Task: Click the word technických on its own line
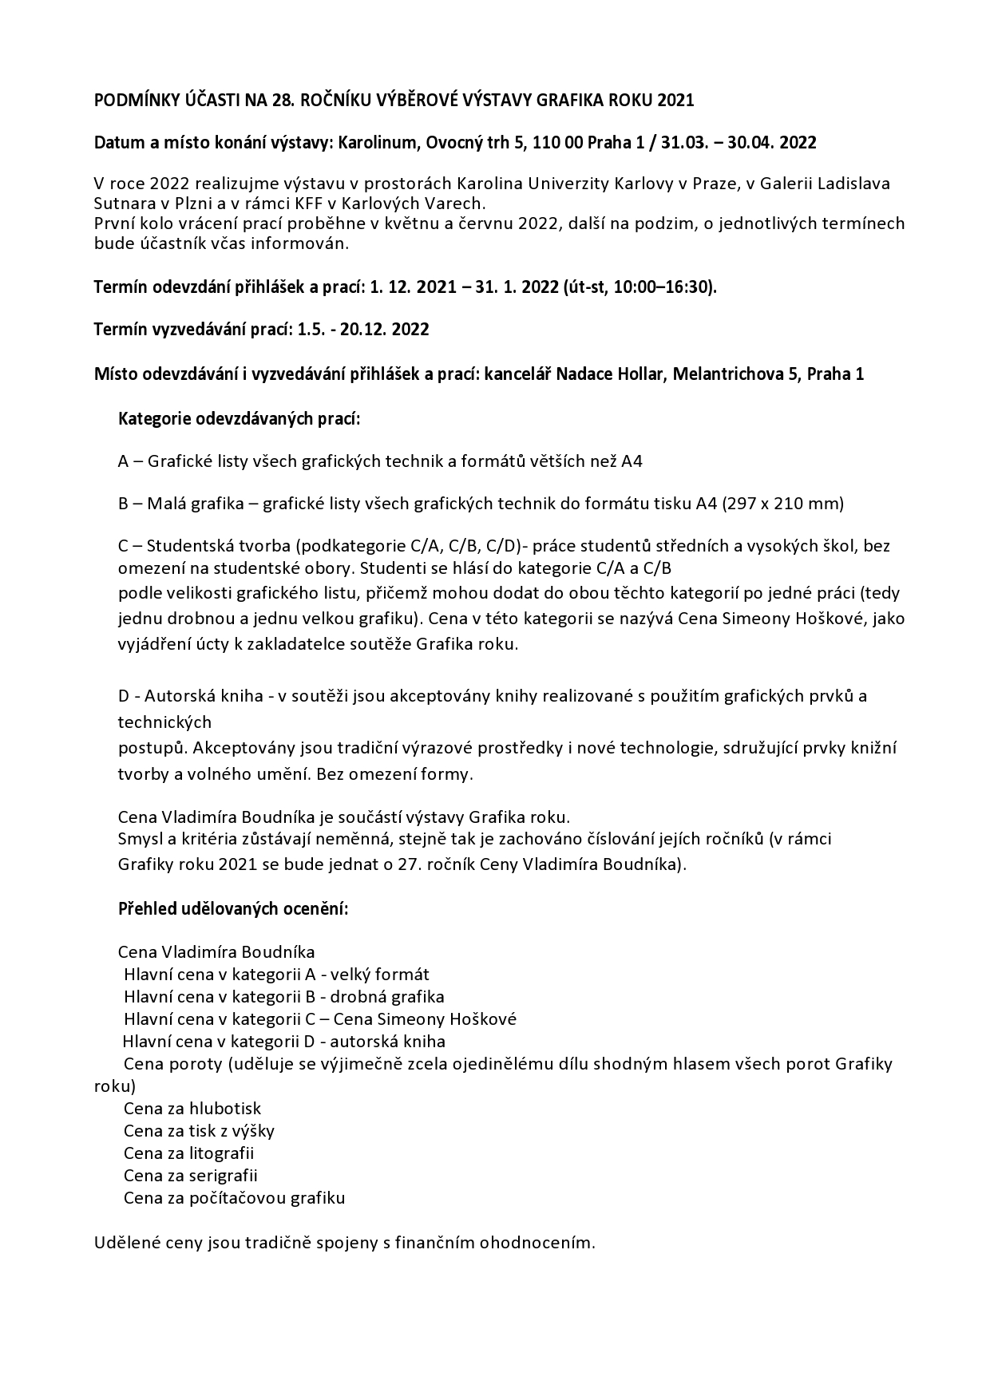[x=164, y=722]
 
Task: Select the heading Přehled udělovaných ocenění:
[x=233, y=909]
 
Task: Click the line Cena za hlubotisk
[x=192, y=1109]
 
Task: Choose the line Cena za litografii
[x=189, y=1153]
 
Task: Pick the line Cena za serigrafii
[x=191, y=1176]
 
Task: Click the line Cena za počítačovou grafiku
[x=234, y=1198]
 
